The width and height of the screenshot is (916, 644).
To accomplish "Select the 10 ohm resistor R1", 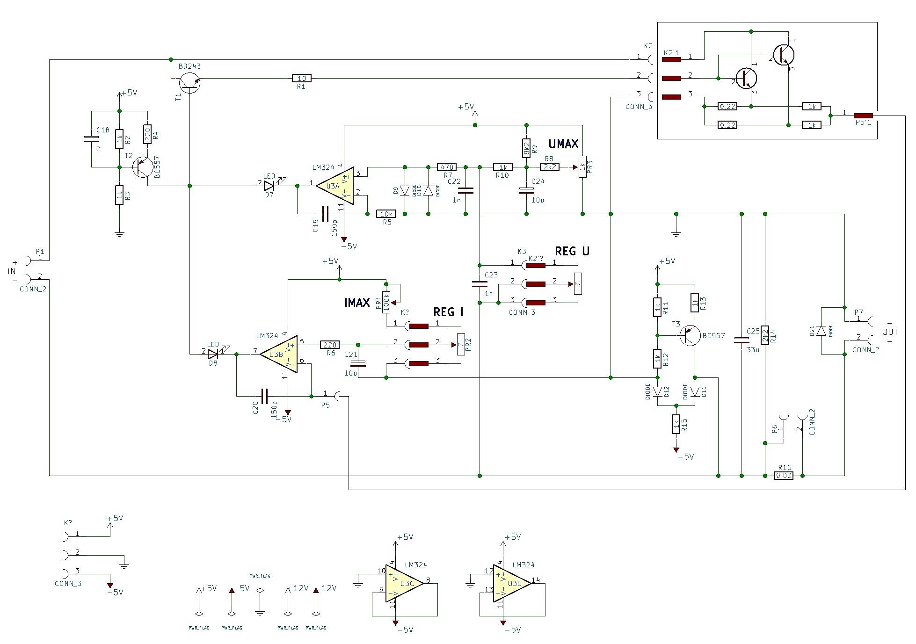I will click(x=301, y=78).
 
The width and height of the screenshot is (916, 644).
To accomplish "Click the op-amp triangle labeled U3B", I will click(x=278, y=354).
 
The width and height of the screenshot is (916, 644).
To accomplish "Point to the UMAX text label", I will click(x=563, y=144).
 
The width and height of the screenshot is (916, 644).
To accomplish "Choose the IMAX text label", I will click(x=357, y=303).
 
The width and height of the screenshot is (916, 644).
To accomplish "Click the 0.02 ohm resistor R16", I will click(x=784, y=476).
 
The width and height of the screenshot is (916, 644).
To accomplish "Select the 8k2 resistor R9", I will click(x=526, y=148).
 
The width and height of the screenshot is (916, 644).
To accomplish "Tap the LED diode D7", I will click(x=269, y=186).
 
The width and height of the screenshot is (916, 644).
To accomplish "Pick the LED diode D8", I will click(x=213, y=354).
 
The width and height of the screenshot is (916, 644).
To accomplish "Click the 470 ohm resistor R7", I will click(x=447, y=167).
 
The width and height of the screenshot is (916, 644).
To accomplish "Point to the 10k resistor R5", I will click(x=386, y=214).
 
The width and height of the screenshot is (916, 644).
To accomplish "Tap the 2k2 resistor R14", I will click(x=765, y=335).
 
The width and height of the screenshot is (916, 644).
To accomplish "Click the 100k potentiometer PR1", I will click(x=386, y=303).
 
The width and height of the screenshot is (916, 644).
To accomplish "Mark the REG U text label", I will click(x=572, y=251).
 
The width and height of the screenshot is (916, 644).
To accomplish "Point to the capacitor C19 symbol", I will click(x=325, y=214).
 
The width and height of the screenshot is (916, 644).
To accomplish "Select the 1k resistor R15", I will click(x=676, y=424).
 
